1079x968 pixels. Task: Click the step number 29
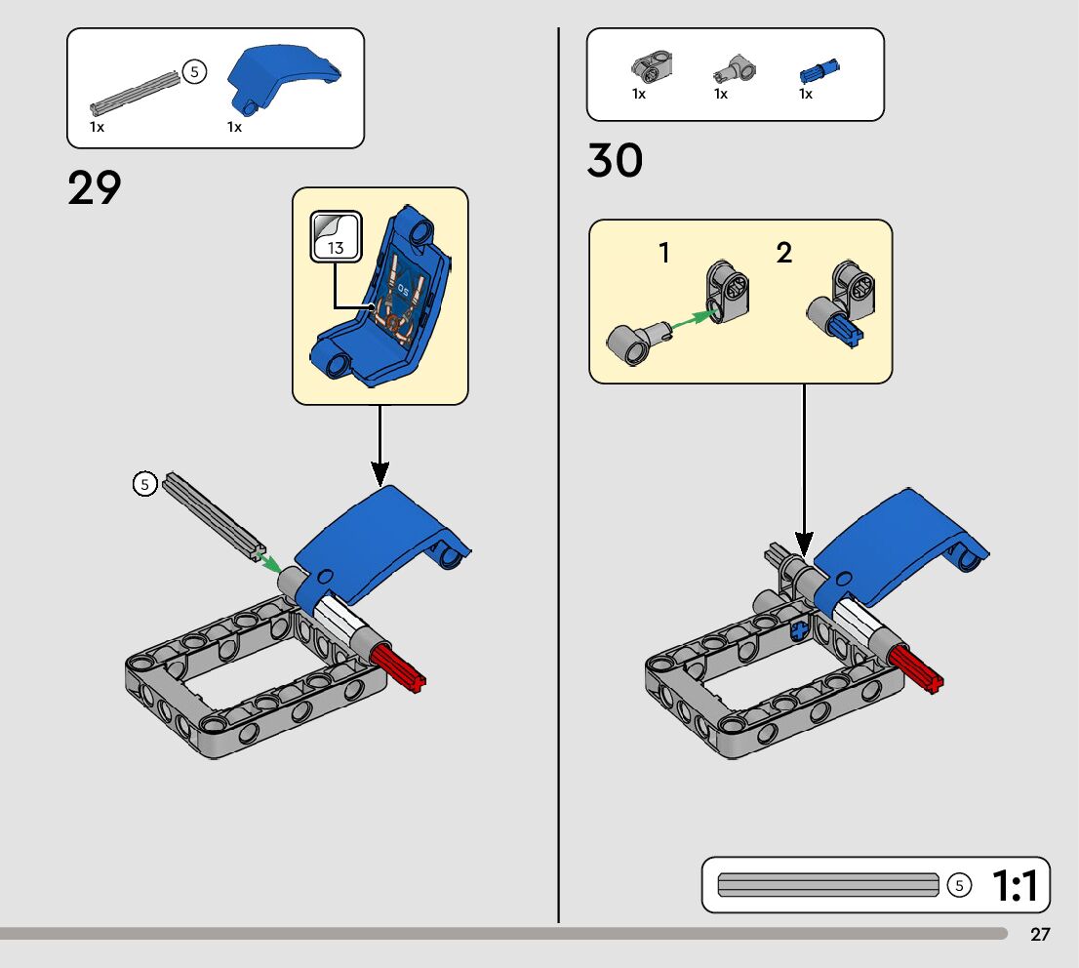pyautogui.click(x=95, y=187)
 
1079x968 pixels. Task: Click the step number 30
pyautogui.click(x=615, y=160)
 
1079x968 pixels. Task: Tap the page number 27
pyautogui.click(x=1040, y=935)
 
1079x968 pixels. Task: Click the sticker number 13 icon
pyautogui.click(x=336, y=236)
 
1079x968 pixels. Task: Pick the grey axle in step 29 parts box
pyautogui.click(x=135, y=90)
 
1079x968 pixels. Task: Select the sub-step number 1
pyautogui.click(x=664, y=254)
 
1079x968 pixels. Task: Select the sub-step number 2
pyautogui.click(x=784, y=254)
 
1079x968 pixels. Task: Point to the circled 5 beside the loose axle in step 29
pyautogui.click(x=144, y=483)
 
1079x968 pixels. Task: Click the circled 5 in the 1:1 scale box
pyautogui.click(x=960, y=885)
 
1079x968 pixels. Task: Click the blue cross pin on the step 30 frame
pyautogui.click(x=800, y=629)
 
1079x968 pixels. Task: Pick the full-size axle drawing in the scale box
pyautogui.click(x=827, y=885)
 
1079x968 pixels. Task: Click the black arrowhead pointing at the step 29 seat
pyautogui.click(x=380, y=475)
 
